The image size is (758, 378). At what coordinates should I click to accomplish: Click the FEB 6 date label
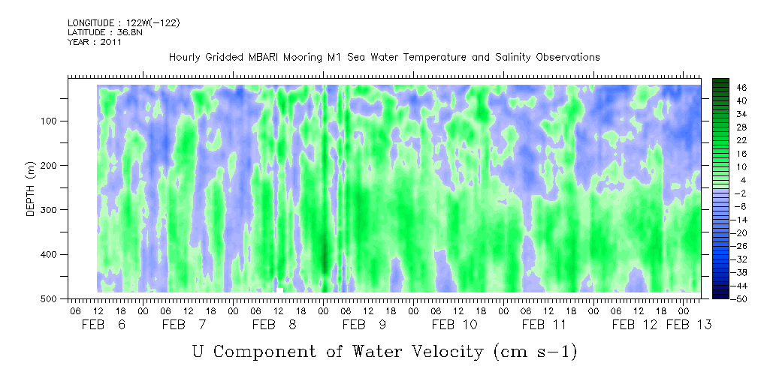point(104,325)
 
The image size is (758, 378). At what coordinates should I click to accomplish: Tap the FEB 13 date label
point(688,325)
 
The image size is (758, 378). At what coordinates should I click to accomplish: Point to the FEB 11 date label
point(544,325)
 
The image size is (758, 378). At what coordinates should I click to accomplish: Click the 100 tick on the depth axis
point(53,121)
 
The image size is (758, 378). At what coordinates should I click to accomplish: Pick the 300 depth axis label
point(53,210)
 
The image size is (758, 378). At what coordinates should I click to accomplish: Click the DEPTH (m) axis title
point(31,188)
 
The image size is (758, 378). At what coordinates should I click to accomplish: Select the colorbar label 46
point(742,88)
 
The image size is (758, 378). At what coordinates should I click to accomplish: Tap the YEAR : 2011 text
point(95,42)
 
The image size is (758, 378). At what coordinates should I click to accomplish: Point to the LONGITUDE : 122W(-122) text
point(124,22)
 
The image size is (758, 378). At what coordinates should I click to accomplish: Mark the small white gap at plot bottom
point(280,290)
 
